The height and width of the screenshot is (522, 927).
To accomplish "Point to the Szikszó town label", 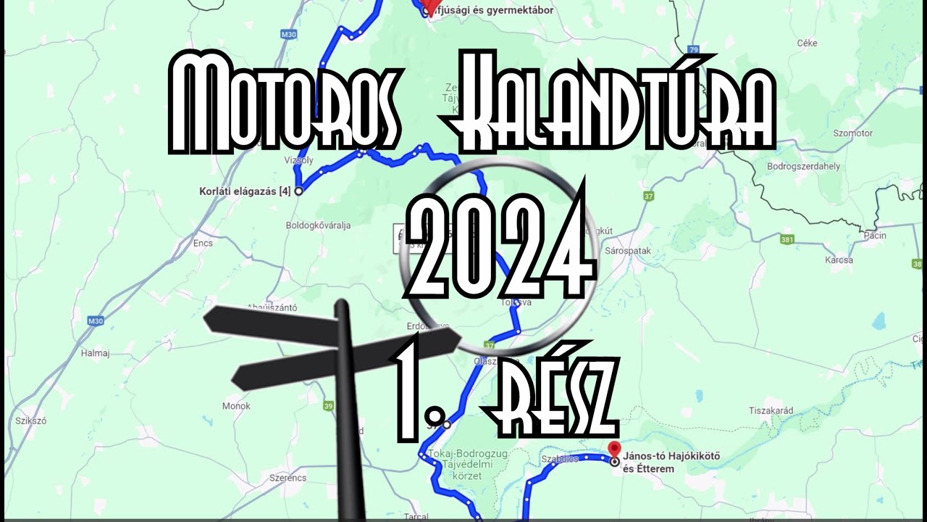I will (x=30, y=420).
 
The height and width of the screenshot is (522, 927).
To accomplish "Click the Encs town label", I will (x=203, y=243).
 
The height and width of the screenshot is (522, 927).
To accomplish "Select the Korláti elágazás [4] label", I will (x=245, y=191).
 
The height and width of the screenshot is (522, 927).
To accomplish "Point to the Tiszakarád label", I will (x=771, y=410).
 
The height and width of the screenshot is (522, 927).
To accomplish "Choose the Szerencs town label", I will (x=288, y=478).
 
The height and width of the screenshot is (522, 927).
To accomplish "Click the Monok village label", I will (x=236, y=406).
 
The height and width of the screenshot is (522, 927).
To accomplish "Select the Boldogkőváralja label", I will (x=318, y=225).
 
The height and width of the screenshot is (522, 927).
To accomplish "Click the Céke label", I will (x=807, y=43).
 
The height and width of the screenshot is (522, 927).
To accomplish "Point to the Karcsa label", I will (x=839, y=260).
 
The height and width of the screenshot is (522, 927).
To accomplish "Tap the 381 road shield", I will (x=789, y=239).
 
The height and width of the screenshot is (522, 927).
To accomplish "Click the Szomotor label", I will (x=853, y=133).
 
